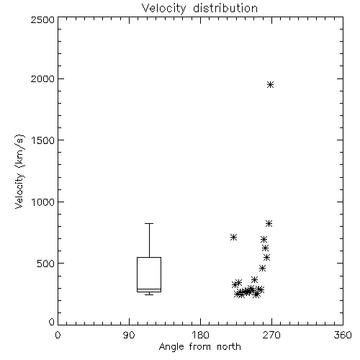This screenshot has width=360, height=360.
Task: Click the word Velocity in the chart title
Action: [x=164, y=9]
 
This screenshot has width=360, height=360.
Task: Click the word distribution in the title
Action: [x=225, y=8]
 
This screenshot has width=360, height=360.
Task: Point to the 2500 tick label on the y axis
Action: [x=42, y=19]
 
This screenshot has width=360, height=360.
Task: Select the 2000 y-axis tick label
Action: [x=42, y=78]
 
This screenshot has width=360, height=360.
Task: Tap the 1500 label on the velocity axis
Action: [x=43, y=140]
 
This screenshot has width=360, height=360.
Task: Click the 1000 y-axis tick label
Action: [x=43, y=202]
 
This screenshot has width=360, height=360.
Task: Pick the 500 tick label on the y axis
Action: [x=46, y=264]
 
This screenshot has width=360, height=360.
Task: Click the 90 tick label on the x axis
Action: [x=129, y=335]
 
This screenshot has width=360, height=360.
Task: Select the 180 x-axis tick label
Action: [x=200, y=335]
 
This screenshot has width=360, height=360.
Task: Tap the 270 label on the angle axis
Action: [x=271, y=335]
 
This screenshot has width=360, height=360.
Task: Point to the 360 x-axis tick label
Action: [x=343, y=335]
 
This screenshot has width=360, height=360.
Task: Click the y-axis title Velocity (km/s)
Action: [x=19, y=171]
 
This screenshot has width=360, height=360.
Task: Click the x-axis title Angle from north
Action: [x=199, y=347]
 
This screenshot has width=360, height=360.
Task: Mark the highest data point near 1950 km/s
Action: [x=271, y=85]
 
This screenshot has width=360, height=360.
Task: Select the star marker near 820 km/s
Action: [x=269, y=224]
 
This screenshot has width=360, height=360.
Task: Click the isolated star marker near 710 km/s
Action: [x=233, y=238]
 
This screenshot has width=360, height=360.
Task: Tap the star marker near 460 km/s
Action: [x=263, y=268]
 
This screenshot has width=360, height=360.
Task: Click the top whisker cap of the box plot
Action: [x=149, y=224]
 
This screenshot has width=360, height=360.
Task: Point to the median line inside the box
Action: [x=149, y=289]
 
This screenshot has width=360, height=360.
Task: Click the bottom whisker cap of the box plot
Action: [x=149, y=294]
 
